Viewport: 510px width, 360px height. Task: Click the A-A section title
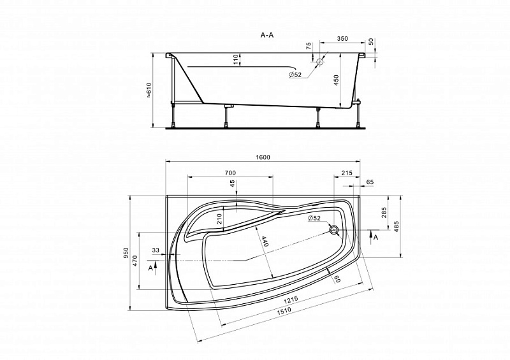click(267, 35)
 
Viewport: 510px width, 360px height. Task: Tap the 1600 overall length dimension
click(263, 157)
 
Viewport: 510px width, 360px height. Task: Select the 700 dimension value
click(230, 173)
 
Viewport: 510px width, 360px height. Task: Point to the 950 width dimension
click(126, 253)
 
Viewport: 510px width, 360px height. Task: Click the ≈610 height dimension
click(149, 90)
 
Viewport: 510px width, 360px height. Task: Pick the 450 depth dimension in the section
click(337, 80)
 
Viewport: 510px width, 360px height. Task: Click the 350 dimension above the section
click(342, 39)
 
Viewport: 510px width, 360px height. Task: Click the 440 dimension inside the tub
click(265, 241)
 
